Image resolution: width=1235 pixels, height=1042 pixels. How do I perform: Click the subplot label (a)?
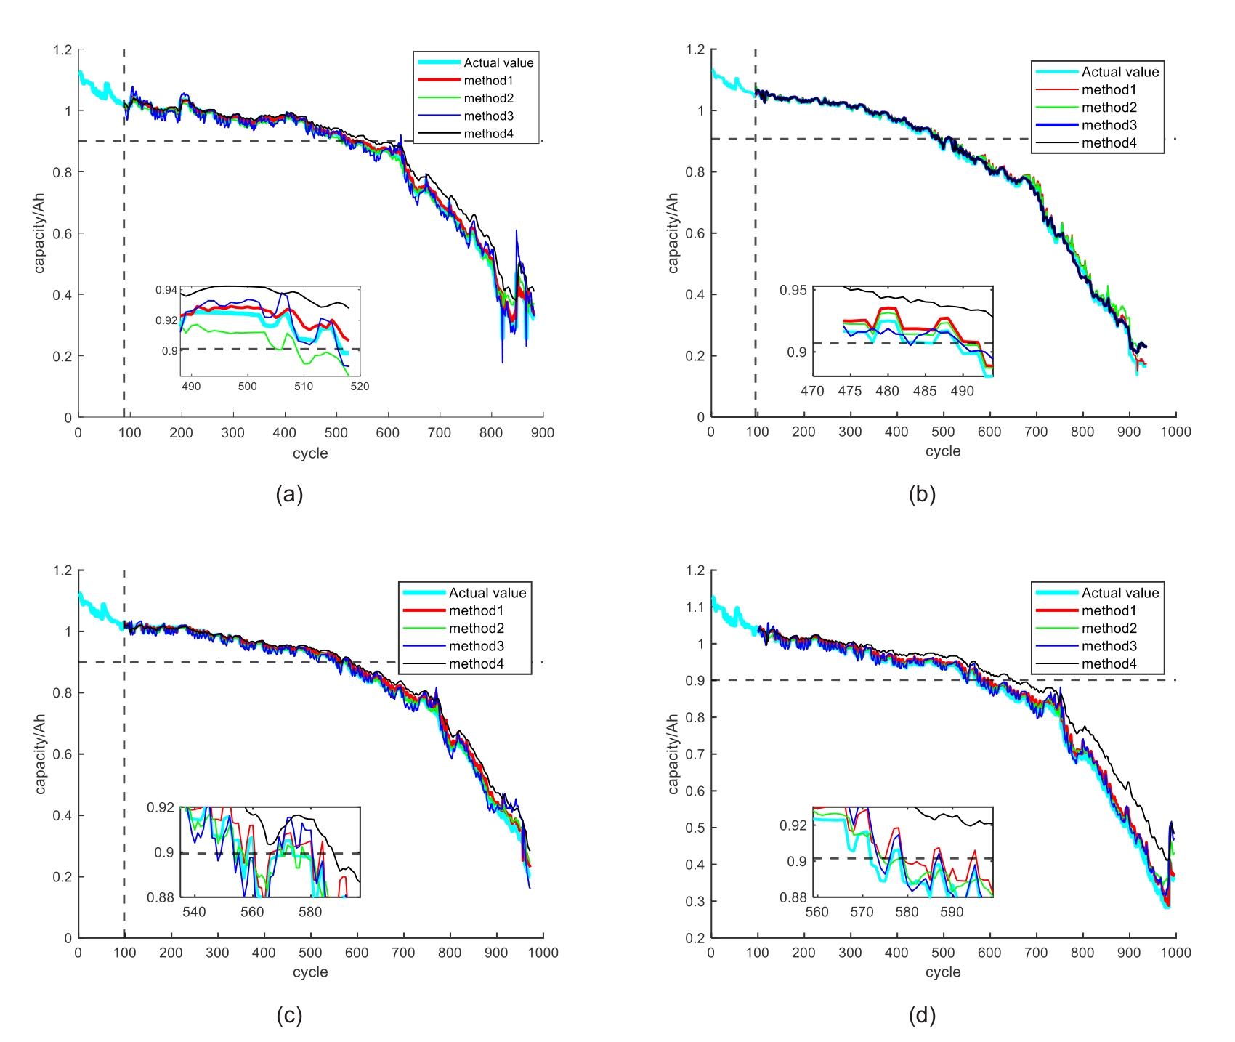click(x=289, y=495)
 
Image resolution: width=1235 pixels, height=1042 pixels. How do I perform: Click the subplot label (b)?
click(x=922, y=495)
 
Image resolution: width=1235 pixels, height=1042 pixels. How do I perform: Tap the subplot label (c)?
click(x=289, y=1015)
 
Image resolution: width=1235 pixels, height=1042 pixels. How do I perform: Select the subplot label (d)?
click(x=922, y=1015)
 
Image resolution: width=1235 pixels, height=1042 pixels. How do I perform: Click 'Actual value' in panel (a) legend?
click(x=498, y=63)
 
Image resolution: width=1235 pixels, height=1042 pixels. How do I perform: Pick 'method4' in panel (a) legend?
click(x=488, y=134)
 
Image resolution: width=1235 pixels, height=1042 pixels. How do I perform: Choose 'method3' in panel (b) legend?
click(x=1109, y=125)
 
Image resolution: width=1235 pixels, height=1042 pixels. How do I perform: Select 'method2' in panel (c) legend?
click(x=476, y=629)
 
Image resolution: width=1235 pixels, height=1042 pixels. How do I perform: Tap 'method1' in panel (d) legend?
click(x=1109, y=611)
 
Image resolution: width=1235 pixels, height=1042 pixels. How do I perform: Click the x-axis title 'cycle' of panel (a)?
click(x=310, y=453)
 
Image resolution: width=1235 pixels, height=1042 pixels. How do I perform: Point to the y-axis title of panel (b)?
click(x=673, y=233)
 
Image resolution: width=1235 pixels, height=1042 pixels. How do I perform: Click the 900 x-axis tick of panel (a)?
click(x=542, y=433)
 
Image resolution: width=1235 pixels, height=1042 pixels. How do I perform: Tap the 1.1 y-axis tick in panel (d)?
click(x=695, y=607)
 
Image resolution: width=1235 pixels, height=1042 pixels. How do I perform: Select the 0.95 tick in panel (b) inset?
click(x=793, y=291)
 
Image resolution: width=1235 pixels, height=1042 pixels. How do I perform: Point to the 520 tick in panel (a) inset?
click(x=360, y=387)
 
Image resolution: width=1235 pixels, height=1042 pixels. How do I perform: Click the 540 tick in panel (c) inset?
click(x=194, y=912)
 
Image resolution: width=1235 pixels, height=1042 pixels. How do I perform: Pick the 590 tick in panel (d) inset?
click(x=952, y=912)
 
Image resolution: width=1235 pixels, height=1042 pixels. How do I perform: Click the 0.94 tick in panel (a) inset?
click(x=166, y=291)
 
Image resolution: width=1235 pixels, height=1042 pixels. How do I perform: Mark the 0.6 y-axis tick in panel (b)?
click(x=695, y=233)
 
